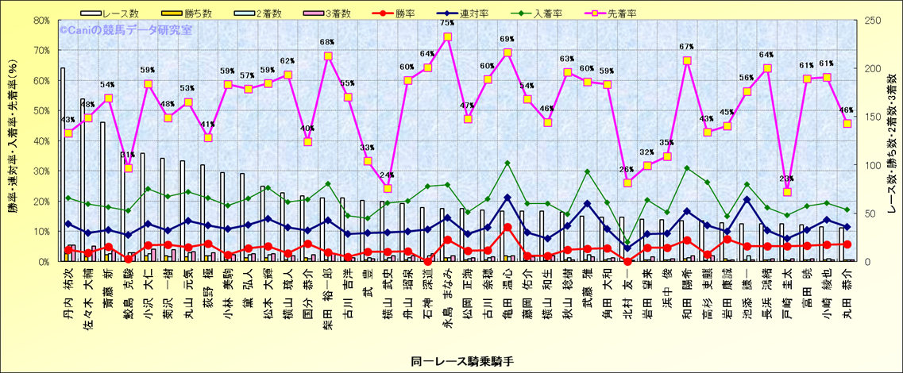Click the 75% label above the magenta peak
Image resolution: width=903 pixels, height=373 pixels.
coord(447,23)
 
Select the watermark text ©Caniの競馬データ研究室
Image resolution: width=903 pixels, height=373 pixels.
coord(125,29)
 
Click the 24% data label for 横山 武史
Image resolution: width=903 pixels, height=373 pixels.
coord(388,175)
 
